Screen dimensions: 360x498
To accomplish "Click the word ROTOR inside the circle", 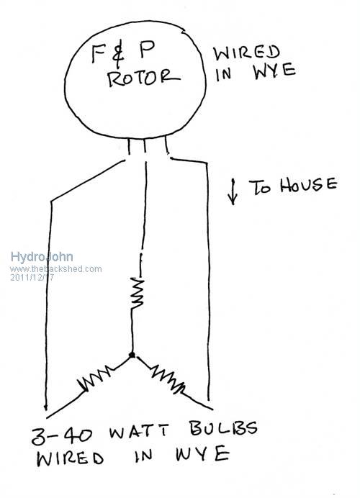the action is coord(143,78).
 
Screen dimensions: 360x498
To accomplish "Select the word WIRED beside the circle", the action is coord(246,53).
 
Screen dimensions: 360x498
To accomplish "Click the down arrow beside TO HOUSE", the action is coord(233,191).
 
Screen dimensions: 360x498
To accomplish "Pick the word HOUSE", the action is coord(308,184).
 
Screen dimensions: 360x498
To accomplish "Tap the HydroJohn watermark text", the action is coord(42,257).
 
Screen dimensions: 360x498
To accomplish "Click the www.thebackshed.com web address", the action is coord(56,269).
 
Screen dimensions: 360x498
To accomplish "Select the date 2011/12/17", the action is coord(32,277).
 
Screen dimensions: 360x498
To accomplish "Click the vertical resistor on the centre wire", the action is coord(137,293).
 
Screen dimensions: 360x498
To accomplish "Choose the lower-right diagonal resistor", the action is coord(168,379).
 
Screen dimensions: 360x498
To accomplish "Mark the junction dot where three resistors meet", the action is coord(132,355).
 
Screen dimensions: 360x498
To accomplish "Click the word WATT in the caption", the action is coord(138,431).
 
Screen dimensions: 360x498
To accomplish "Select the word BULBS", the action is coord(224,428).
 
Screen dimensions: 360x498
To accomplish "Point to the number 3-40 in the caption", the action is coord(62,435).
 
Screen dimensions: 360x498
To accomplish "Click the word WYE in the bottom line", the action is coord(202,453).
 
